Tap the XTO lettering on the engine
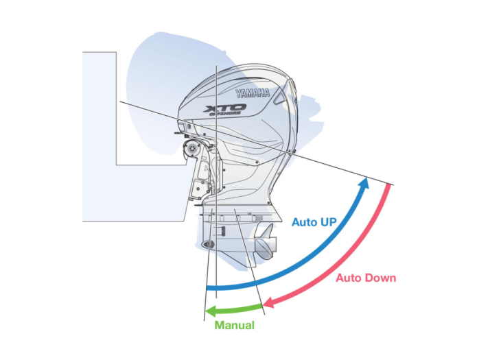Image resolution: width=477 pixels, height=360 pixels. click(x=225, y=108)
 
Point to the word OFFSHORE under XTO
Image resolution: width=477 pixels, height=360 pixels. click(x=225, y=114)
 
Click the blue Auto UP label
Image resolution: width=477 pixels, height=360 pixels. click(x=314, y=222)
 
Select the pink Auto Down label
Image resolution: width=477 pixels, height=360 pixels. click(x=366, y=278)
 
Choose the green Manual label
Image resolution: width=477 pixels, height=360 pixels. click(x=235, y=325)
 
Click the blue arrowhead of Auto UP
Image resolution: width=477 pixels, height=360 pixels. click(x=364, y=183)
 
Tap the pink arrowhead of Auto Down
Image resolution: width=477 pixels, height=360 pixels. click(x=268, y=302)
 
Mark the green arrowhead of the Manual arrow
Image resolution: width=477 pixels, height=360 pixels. click(x=211, y=311)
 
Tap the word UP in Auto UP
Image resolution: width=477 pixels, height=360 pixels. click(x=328, y=222)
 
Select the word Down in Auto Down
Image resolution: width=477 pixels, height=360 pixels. click(x=380, y=278)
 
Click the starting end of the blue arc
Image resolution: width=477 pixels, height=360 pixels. click(x=207, y=287)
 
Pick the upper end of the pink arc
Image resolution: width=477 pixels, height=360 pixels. click(x=388, y=185)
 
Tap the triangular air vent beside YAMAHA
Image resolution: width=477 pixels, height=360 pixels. click(x=279, y=97)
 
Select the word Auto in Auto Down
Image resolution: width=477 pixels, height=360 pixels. click(x=349, y=278)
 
